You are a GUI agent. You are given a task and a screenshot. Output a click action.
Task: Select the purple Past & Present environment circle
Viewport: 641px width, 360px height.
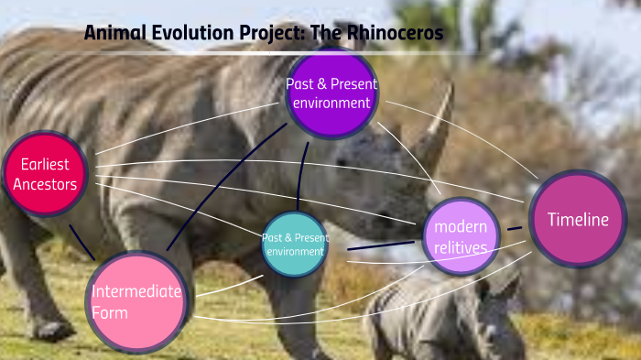(331, 93)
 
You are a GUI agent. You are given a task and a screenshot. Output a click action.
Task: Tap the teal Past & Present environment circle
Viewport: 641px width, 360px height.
(294, 245)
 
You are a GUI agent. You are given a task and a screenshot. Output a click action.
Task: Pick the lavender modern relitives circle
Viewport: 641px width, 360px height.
(461, 236)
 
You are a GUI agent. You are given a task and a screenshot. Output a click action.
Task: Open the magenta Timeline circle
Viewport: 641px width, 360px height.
(577, 219)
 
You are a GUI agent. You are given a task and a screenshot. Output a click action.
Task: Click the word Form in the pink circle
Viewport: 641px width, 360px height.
(109, 312)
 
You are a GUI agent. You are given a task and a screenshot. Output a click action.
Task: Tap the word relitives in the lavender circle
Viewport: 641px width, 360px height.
(462, 246)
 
